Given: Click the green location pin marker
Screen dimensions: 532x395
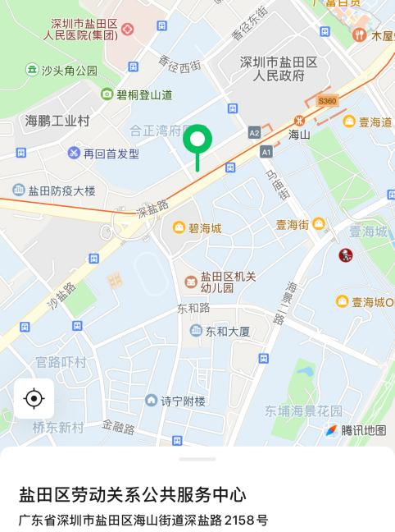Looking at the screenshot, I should tap(197, 141).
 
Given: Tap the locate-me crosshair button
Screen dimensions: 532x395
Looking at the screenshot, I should tap(34, 399).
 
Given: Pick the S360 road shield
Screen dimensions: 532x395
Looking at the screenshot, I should tap(327, 101).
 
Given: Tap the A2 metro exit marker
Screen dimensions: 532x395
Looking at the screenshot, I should tap(254, 132).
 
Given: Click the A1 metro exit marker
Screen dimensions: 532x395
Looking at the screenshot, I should tap(266, 152).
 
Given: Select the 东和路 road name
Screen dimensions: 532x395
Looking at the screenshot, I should tap(193, 308).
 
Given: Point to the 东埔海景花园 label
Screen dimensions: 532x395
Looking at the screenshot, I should tap(303, 410).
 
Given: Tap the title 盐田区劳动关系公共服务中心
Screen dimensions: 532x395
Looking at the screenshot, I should tap(133, 495).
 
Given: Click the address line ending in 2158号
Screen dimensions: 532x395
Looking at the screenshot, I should tap(143, 520).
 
